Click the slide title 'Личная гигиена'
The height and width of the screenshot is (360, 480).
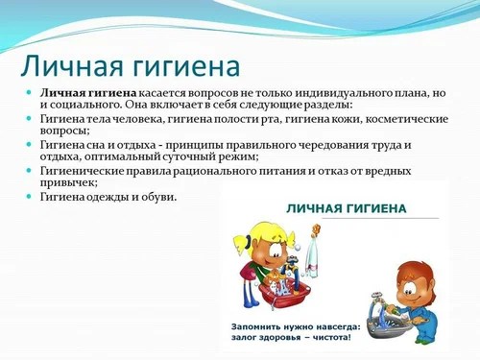click(x=131, y=67)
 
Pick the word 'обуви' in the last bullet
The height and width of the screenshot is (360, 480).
click(x=157, y=197)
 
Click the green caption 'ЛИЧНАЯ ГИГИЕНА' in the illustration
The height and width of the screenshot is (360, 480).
click(x=347, y=207)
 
